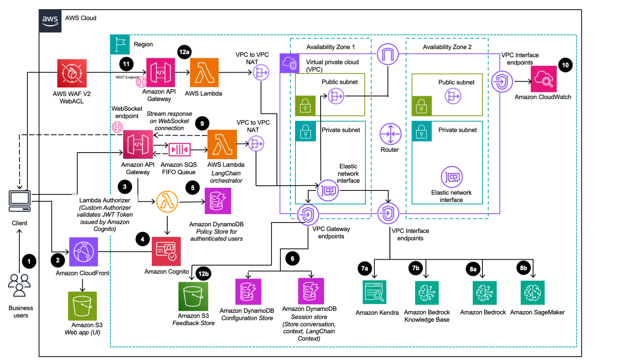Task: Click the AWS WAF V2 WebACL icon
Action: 72,73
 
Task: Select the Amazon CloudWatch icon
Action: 543,79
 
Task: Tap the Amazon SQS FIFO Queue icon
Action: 179,149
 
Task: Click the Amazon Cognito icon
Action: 166,251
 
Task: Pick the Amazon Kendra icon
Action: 374,292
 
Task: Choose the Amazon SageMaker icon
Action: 533,293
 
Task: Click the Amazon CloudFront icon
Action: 83,251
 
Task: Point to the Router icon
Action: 390,134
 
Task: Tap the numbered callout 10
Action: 565,65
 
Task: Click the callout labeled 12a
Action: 184,52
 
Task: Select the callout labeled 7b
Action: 416,268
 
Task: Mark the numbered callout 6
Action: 292,258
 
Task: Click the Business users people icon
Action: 19,285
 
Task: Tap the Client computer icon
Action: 20,201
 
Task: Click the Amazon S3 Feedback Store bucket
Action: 193,296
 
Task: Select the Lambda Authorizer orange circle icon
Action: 167,202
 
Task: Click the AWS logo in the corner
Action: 50,21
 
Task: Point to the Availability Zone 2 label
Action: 447,47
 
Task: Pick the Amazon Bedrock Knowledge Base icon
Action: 427,293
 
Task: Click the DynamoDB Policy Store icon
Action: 218,201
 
